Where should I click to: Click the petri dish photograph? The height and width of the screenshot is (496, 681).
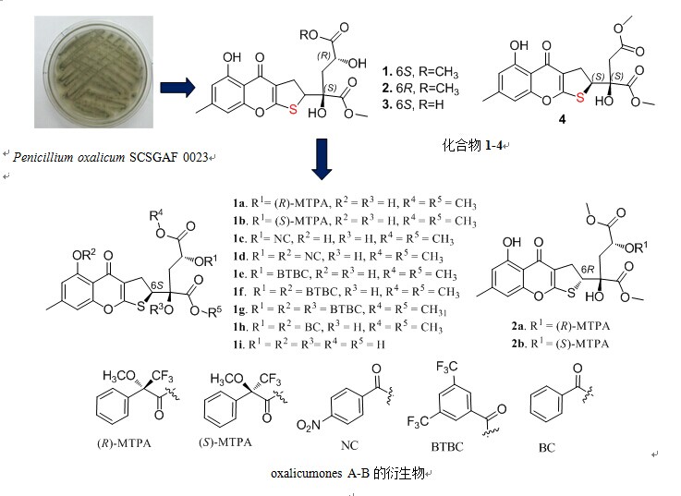94,72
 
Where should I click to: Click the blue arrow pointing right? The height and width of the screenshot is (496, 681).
177,88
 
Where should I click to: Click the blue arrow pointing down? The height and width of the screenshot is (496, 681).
322,159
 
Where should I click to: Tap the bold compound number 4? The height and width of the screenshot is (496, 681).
562,119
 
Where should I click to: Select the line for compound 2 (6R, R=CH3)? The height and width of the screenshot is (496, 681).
420,88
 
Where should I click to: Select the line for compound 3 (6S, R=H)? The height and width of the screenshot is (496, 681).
413,104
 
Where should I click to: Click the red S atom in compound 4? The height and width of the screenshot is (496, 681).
580,98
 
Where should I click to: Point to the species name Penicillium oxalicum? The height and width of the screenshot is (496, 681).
68,157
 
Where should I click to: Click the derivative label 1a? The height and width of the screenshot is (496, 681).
239,203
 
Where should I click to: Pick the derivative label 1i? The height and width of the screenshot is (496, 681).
238,345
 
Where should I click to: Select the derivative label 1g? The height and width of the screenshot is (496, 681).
240,309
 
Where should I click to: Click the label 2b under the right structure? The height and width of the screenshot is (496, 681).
518,344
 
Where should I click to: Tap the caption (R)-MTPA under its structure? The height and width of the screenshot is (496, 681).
124,443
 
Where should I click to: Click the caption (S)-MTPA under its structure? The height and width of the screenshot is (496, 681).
225,442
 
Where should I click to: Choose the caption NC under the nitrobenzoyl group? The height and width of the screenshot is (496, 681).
349,445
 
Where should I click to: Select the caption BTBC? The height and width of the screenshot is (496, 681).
447,446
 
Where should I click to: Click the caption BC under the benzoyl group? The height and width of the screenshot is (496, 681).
547,447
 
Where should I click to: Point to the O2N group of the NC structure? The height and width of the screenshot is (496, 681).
309,425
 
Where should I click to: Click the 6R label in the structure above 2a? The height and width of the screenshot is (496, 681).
588,270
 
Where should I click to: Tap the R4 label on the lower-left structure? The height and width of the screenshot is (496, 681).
156,214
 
